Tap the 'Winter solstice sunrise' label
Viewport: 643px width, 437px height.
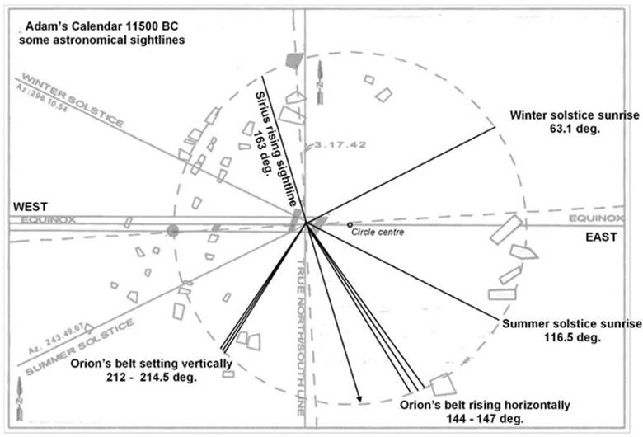point(575,115)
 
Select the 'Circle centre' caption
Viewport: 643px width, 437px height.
point(375,233)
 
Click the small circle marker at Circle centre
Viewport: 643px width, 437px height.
point(350,224)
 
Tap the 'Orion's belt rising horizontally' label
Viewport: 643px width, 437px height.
point(484,405)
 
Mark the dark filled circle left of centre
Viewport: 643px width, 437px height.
point(172,229)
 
